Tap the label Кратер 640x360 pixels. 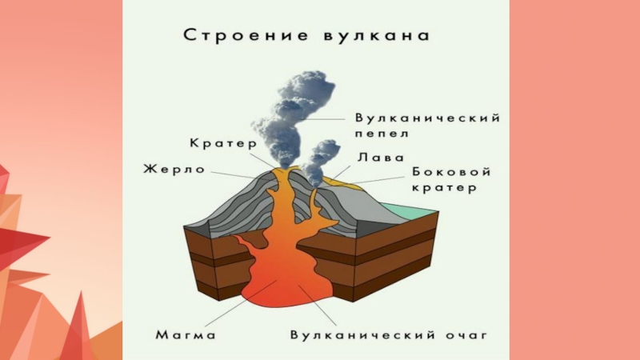coord(222,143)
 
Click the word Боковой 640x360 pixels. coord(451,173)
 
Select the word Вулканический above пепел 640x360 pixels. coord(429,118)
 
